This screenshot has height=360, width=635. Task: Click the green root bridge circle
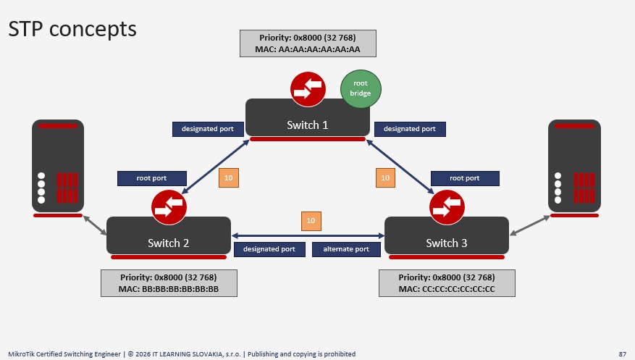tap(361, 88)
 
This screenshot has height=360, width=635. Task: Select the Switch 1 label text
tap(308, 125)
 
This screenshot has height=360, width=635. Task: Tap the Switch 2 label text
tap(168, 243)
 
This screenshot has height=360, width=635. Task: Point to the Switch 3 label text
tap(446, 243)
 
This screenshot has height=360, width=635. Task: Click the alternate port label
tap(346, 249)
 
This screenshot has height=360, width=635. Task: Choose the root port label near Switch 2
tap(152, 178)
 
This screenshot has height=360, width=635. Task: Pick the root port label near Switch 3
tap(465, 178)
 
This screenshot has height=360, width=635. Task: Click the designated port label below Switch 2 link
tap(269, 249)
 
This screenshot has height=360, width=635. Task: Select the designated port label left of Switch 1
tap(208, 129)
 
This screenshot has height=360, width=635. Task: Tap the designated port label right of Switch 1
tap(410, 129)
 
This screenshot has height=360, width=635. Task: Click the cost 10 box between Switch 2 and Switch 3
tap(311, 221)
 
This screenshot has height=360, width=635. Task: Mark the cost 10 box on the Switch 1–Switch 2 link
tap(229, 177)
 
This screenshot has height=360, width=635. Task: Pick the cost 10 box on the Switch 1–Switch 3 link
tap(385, 177)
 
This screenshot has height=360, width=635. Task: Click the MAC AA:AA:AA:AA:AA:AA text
tap(308, 49)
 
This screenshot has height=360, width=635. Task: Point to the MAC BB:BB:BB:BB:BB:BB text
tap(169, 289)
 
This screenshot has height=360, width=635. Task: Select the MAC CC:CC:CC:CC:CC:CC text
tap(447, 289)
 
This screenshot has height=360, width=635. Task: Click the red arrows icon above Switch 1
tap(308, 89)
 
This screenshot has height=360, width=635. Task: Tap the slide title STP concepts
tap(72, 29)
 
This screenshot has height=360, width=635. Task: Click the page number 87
tap(623, 354)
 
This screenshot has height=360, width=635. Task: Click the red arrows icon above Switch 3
tap(447, 207)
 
